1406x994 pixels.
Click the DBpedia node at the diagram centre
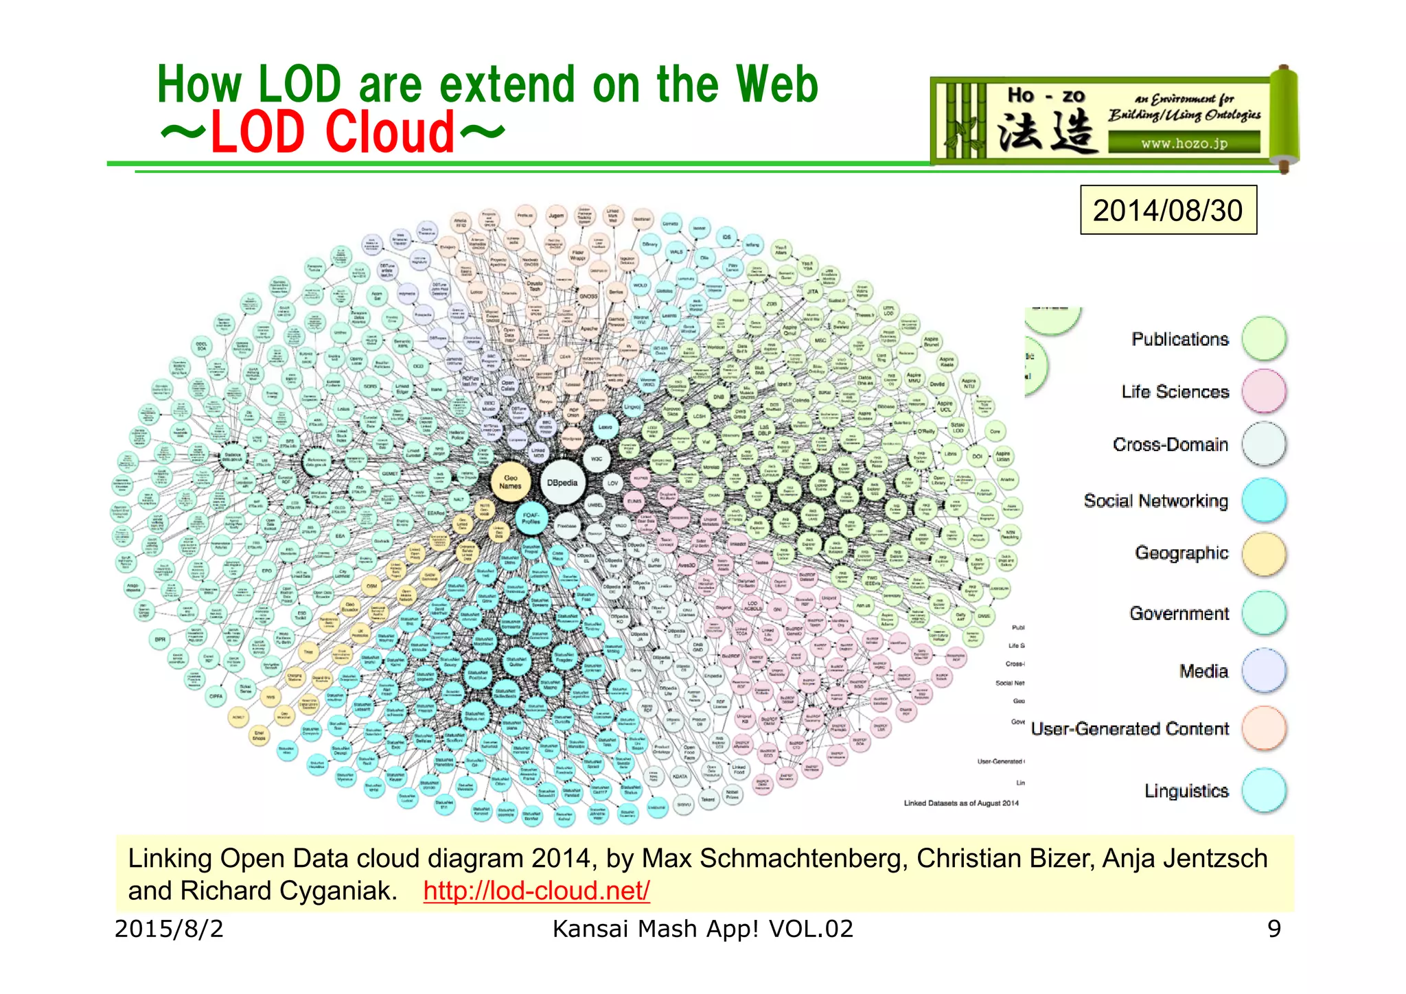pyautogui.click(x=562, y=483)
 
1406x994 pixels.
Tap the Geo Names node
pyautogui.click(x=511, y=482)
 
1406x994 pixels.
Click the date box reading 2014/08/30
pyautogui.click(x=1168, y=210)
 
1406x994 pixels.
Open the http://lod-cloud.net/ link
pyautogui.click(x=536, y=891)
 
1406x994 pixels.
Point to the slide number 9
pyautogui.click(x=1274, y=929)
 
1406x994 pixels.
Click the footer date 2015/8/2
pyautogui.click(x=169, y=929)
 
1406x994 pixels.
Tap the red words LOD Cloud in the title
pyautogui.click(x=332, y=132)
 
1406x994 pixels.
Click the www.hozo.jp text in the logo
pyautogui.click(x=1184, y=143)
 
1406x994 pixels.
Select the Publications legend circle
pyautogui.click(x=1264, y=338)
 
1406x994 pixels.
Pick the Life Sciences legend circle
pyautogui.click(x=1264, y=391)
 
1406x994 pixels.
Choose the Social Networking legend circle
pyautogui.click(x=1264, y=500)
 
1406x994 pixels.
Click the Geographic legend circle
pyautogui.click(x=1264, y=553)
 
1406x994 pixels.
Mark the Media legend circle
pyautogui.click(x=1264, y=671)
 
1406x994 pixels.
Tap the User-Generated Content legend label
pyautogui.click(x=1130, y=729)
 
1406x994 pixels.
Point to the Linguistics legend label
pyautogui.click(x=1186, y=791)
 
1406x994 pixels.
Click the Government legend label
pyautogui.click(x=1179, y=613)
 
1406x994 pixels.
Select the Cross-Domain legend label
pyautogui.click(x=1171, y=445)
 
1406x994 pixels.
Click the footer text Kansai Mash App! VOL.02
pyautogui.click(x=702, y=929)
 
